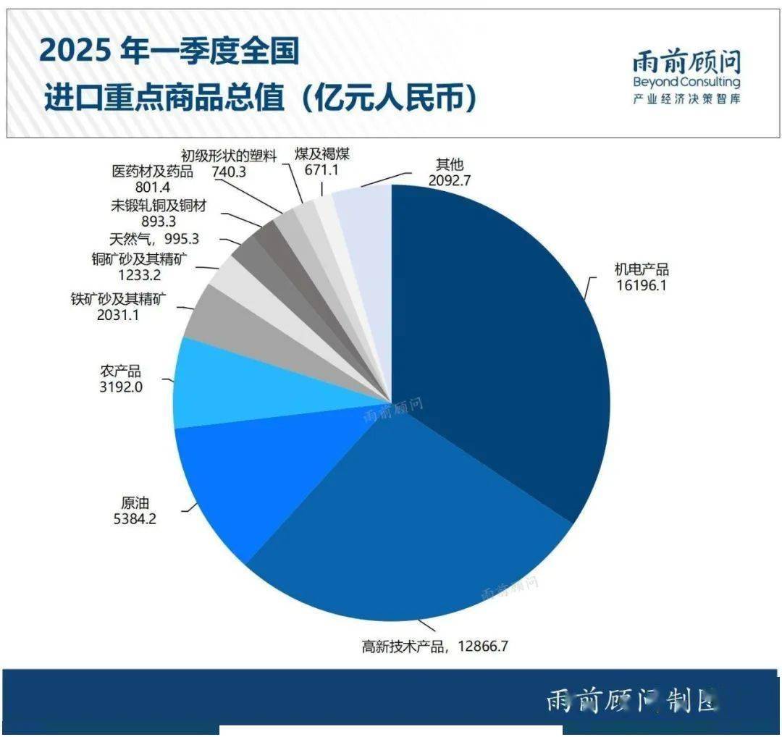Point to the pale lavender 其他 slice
point(366,217)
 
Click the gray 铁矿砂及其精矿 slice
point(217,319)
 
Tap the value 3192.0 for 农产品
point(121,387)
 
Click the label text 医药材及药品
point(153,172)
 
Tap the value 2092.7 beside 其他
point(449,180)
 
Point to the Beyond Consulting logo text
point(686,82)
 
